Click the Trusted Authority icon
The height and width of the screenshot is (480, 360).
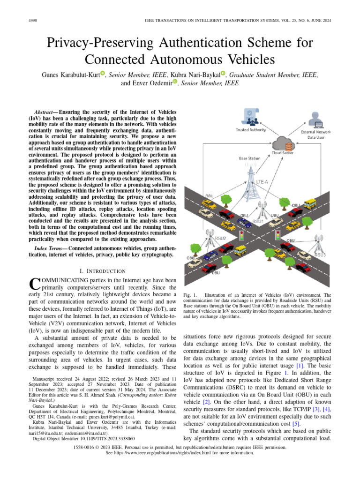(x=251, y=117)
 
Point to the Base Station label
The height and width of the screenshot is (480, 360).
(x=249, y=158)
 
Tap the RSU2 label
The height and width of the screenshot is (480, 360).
(x=220, y=238)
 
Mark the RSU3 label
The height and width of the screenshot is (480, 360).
(x=320, y=255)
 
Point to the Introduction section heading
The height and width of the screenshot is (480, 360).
(x=103, y=271)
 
